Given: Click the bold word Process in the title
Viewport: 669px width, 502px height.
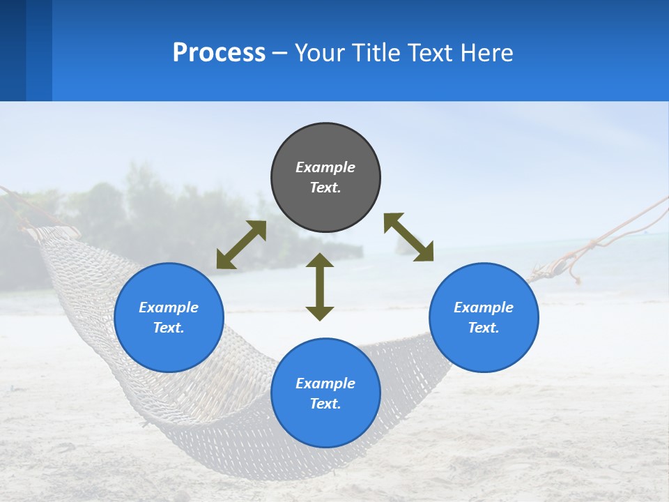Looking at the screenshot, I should point(219,52).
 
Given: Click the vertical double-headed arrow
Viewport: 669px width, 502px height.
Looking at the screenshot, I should point(320,287).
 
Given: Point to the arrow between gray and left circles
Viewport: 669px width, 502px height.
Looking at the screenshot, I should point(241,245).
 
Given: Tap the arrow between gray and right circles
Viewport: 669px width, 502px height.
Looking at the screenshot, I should point(408,237).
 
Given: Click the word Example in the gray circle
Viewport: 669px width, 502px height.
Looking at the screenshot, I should point(325,167).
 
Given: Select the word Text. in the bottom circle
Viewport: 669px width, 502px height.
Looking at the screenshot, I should point(325,404).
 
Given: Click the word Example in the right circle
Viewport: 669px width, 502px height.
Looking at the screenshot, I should point(484,307).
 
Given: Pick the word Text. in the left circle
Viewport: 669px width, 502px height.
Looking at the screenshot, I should point(169,328).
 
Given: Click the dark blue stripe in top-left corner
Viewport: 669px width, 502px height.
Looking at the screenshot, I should point(13,50).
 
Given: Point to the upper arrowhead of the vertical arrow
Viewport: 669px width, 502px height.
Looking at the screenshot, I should point(320,260).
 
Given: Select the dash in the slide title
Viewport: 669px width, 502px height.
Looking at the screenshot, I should point(280,53).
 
